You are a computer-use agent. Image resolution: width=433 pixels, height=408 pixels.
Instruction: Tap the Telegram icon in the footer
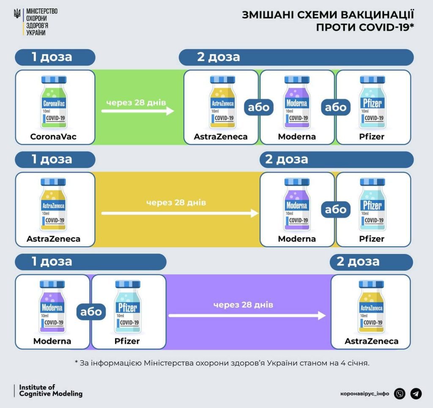pyautogui.click(x=416, y=394)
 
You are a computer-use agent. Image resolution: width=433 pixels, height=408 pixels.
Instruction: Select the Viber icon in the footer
pyautogui.click(x=400, y=394)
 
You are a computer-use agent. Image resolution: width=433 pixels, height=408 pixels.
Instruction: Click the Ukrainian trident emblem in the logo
pyautogui.click(x=17, y=14)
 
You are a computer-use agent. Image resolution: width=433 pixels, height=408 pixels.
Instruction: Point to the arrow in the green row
pyautogui.click(x=137, y=111)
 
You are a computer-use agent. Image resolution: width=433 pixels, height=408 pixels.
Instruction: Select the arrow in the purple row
pyautogui.click(x=247, y=315)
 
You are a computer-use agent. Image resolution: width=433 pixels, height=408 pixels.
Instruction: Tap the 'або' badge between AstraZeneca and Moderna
pyautogui.click(x=259, y=107)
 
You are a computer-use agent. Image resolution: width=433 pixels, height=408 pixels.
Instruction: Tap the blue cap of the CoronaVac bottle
pyautogui.click(x=55, y=80)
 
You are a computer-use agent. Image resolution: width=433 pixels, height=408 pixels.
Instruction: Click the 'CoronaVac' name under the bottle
pyautogui.click(x=55, y=137)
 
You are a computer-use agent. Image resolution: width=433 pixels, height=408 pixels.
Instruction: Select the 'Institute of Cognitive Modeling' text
pyautogui.click(x=51, y=391)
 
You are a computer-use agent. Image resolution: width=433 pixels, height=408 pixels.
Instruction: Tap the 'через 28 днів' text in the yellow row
pyautogui.click(x=176, y=203)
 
